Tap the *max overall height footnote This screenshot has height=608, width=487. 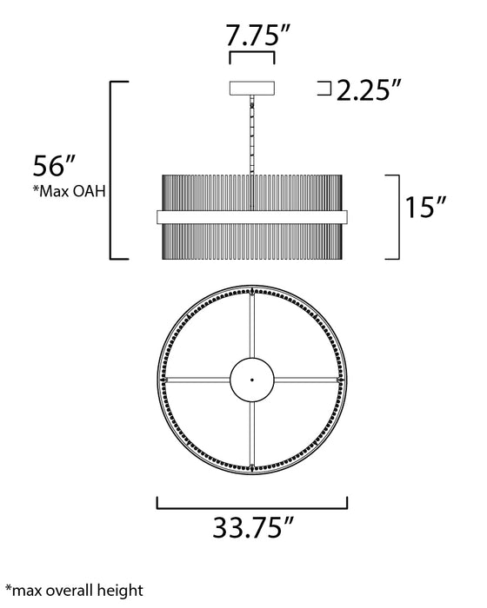pos(72,591)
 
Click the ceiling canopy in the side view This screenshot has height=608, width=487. pos(251,88)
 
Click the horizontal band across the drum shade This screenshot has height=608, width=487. pos(251,215)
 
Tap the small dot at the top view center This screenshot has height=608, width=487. pos(251,380)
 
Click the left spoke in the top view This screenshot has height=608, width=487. pos(196,380)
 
